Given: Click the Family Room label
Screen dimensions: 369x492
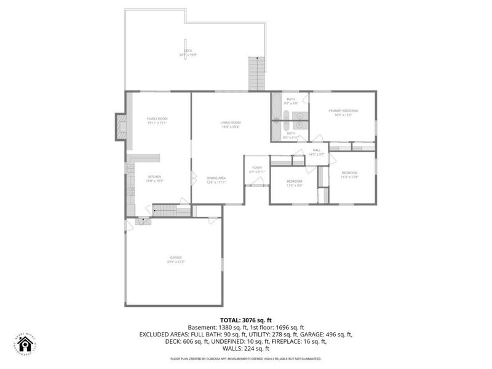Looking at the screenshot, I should [x=157, y=121].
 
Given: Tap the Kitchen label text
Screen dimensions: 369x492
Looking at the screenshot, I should [x=154, y=178].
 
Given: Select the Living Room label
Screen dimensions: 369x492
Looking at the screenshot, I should [x=231, y=124].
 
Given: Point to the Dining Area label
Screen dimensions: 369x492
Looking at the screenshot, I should [x=216, y=180].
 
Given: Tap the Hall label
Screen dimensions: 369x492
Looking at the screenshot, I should [x=317, y=151].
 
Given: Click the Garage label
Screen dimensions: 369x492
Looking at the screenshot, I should [x=176, y=259].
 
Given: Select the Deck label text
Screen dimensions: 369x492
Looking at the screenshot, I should [x=188, y=53].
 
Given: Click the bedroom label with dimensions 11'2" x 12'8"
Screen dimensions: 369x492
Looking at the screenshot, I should [x=349, y=175].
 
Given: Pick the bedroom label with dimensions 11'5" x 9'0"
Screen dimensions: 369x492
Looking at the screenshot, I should [x=294, y=183].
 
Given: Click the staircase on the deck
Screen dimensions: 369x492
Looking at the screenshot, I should [x=256, y=74].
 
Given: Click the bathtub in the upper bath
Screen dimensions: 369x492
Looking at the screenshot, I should [x=276, y=106].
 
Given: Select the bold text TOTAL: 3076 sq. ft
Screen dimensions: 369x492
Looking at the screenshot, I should [x=246, y=320].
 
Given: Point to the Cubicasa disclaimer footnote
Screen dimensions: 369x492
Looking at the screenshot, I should [x=246, y=359].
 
